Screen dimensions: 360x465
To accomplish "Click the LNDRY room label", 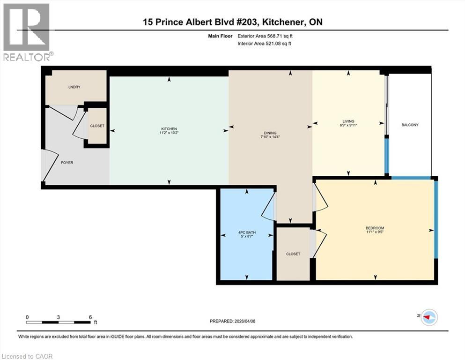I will [73, 87].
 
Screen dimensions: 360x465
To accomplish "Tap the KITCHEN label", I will [169, 128].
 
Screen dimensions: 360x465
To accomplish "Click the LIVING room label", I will [348, 121].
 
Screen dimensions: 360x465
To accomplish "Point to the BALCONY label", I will [410, 125].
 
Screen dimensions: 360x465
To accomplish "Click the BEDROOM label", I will [375, 228].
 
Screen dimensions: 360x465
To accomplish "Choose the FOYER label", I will [67, 163].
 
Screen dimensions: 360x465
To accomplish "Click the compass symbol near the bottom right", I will [428, 317].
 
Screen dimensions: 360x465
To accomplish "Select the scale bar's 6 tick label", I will [90, 317].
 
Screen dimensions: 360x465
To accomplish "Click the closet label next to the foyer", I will [97, 126].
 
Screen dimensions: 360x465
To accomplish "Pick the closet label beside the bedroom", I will [293, 254].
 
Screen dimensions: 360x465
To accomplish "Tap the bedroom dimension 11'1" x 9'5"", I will [375, 232].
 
